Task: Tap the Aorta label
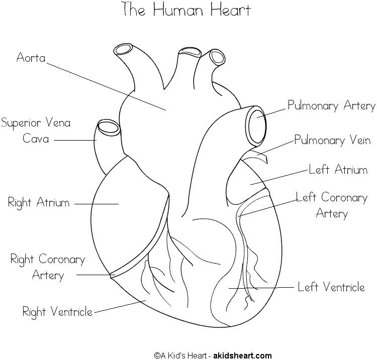(31, 57)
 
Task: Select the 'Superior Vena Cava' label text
(36, 130)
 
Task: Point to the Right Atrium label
(39, 203)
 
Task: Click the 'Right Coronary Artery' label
(48, 267)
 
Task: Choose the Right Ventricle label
(57, 311)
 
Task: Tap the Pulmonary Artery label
(331, 105)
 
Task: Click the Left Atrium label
(338, 170)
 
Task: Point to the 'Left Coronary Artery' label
(332, 205)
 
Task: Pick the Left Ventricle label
(331, 287)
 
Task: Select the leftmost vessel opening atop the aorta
(122, 49)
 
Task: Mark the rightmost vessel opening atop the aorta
(217, 56)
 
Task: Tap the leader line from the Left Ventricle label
(261, 288)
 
